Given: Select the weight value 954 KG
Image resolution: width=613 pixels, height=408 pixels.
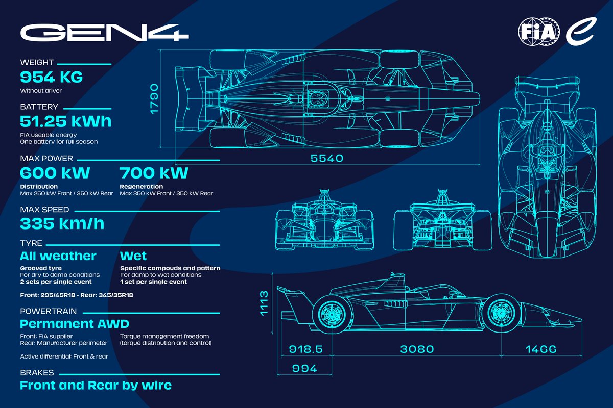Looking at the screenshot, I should [x=51, y=78].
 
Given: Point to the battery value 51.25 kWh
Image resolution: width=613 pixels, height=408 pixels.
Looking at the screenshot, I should [x=65, y=121].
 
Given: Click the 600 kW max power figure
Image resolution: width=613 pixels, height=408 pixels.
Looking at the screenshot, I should [x=55, y=173].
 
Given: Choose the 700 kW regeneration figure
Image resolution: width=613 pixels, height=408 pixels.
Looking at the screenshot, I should [x=154, y=173].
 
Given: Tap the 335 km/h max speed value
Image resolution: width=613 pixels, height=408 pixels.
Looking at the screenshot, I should [x=62, y=223].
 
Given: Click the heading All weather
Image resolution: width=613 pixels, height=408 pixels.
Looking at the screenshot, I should [x=58, y=256].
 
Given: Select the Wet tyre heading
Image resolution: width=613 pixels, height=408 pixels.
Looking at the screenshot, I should [x=133, y=256].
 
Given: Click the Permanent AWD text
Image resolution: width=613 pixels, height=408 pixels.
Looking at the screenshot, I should [x=74, y=324].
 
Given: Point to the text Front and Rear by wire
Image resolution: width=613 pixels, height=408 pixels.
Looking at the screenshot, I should [x=96, y=386].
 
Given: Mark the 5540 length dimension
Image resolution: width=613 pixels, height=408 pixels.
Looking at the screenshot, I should [x=327, y=159].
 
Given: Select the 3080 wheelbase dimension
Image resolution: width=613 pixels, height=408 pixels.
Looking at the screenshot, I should [x=417, y=349].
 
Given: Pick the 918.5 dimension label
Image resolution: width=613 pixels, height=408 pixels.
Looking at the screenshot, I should [x=304, y=349].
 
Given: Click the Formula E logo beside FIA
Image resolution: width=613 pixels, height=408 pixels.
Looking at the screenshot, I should [x=579, y=32].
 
